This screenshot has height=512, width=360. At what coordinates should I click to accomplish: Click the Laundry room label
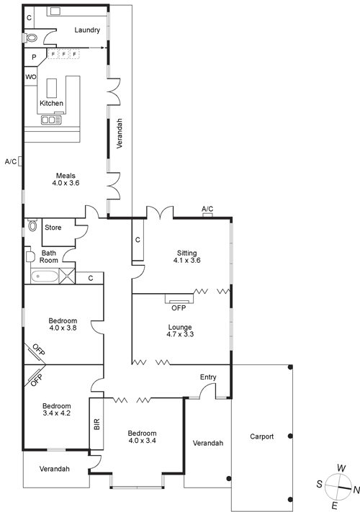click(x=87, y=30)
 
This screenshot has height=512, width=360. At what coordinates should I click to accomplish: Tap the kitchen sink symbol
click(x=51, y=120)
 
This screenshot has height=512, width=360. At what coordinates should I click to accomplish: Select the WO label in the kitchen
click(x=31, y=77)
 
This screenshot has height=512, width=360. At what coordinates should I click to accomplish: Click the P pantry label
click(x=34, y=58)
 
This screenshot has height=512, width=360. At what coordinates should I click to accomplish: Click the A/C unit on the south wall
click(x=20, y=161)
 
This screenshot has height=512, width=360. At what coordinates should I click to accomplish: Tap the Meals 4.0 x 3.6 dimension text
click(x=66, y=183)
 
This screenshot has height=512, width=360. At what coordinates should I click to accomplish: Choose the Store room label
click(x=53, y=228)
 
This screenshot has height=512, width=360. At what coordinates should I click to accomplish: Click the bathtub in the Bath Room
click(x=45, y=277)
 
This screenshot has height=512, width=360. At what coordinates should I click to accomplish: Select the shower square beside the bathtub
click(x=67, y=276)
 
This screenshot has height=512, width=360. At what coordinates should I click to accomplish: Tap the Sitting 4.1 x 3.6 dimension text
click(x=186, y=260)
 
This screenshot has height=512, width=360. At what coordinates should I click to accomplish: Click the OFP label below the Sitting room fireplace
click(x=179, y=308)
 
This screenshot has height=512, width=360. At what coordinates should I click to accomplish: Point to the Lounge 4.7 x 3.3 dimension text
click(x=180, y=334)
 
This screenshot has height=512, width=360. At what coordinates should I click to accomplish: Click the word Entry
click(x=208, y=377)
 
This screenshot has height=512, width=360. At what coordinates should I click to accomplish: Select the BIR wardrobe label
click(x=96, y=424)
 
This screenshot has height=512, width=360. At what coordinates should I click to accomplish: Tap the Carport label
click(x=262, y=436)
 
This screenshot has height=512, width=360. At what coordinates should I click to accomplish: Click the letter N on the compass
click(x=356, y=490)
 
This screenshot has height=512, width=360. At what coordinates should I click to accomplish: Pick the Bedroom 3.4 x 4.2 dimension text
click(x=56, y=413)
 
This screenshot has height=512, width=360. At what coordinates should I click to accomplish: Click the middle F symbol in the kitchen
click(x=63, y=53)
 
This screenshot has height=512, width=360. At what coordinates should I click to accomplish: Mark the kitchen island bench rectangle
click(x=52, y=88)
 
